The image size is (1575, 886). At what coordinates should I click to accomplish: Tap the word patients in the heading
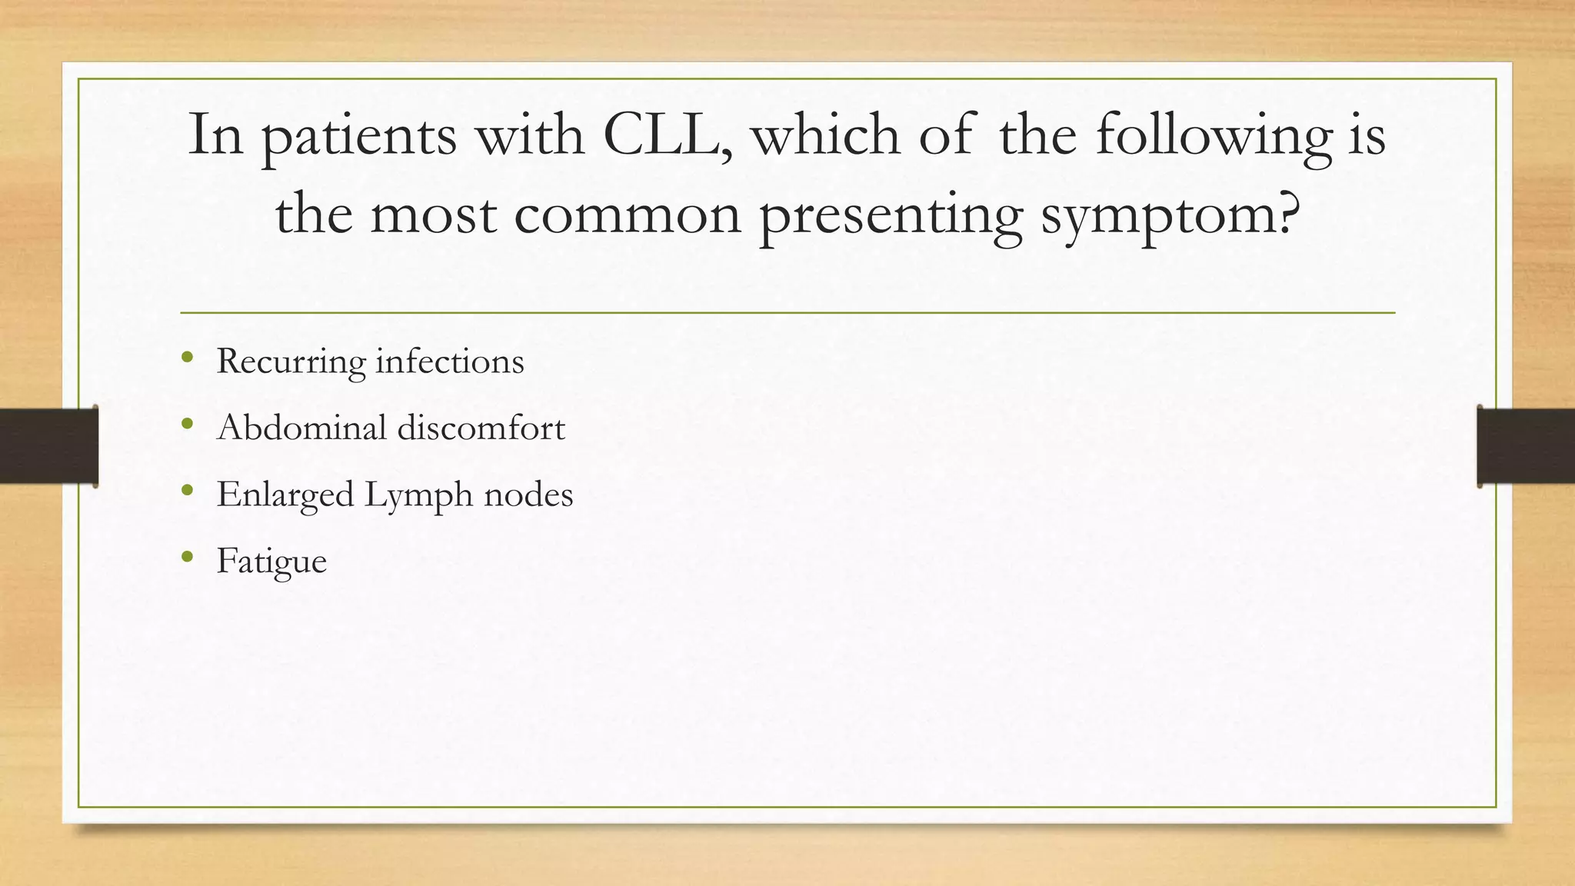(x=358, y=136)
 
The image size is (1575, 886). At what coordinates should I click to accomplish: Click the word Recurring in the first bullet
(x=291, y=361)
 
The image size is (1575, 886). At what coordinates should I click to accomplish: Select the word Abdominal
(x=301, y=427)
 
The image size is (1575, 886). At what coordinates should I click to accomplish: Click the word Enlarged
(x=285, y=495)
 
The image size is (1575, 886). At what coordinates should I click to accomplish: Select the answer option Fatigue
(x=271, y=561)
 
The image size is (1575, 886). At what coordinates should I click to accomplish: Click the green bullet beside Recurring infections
(x=187, y=356)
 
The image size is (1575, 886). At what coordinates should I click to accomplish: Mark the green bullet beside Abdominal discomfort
(x=187, y=423)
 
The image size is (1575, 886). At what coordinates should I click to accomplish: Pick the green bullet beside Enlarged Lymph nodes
(x=187, y=490)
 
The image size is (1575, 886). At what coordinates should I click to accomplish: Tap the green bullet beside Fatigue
(x=187, y=556)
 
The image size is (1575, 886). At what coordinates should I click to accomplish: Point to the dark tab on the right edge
(x=1526, y=446)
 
